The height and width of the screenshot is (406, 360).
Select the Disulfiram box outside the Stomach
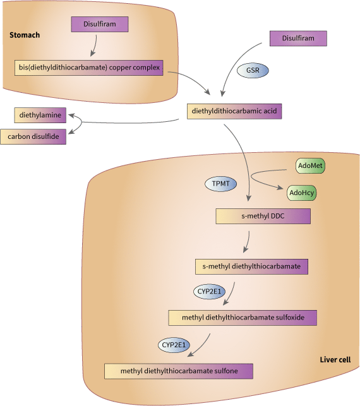(298, 39)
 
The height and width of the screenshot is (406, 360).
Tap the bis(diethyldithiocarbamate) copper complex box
(89, 67)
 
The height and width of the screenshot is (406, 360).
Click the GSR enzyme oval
(252, 70)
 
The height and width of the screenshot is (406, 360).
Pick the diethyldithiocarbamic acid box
(234, 111)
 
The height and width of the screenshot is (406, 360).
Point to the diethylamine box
(40, 116)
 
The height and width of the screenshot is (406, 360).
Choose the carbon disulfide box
(33, 136)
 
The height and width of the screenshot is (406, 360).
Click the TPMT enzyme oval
(220, 184)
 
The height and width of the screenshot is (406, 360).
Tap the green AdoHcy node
(302, 193)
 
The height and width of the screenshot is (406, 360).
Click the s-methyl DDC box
(263, 217)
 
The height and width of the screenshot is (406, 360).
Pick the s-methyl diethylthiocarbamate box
(251, 266)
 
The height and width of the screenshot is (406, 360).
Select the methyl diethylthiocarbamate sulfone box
(179, 371)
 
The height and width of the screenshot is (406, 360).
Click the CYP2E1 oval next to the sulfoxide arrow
(209, 292)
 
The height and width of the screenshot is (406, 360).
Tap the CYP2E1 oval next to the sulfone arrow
(173, 345)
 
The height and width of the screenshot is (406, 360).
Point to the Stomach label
(25, 35)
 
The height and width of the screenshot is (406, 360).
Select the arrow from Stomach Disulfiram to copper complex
(95, 45)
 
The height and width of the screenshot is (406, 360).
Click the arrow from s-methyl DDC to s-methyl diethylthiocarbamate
(248, 241)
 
